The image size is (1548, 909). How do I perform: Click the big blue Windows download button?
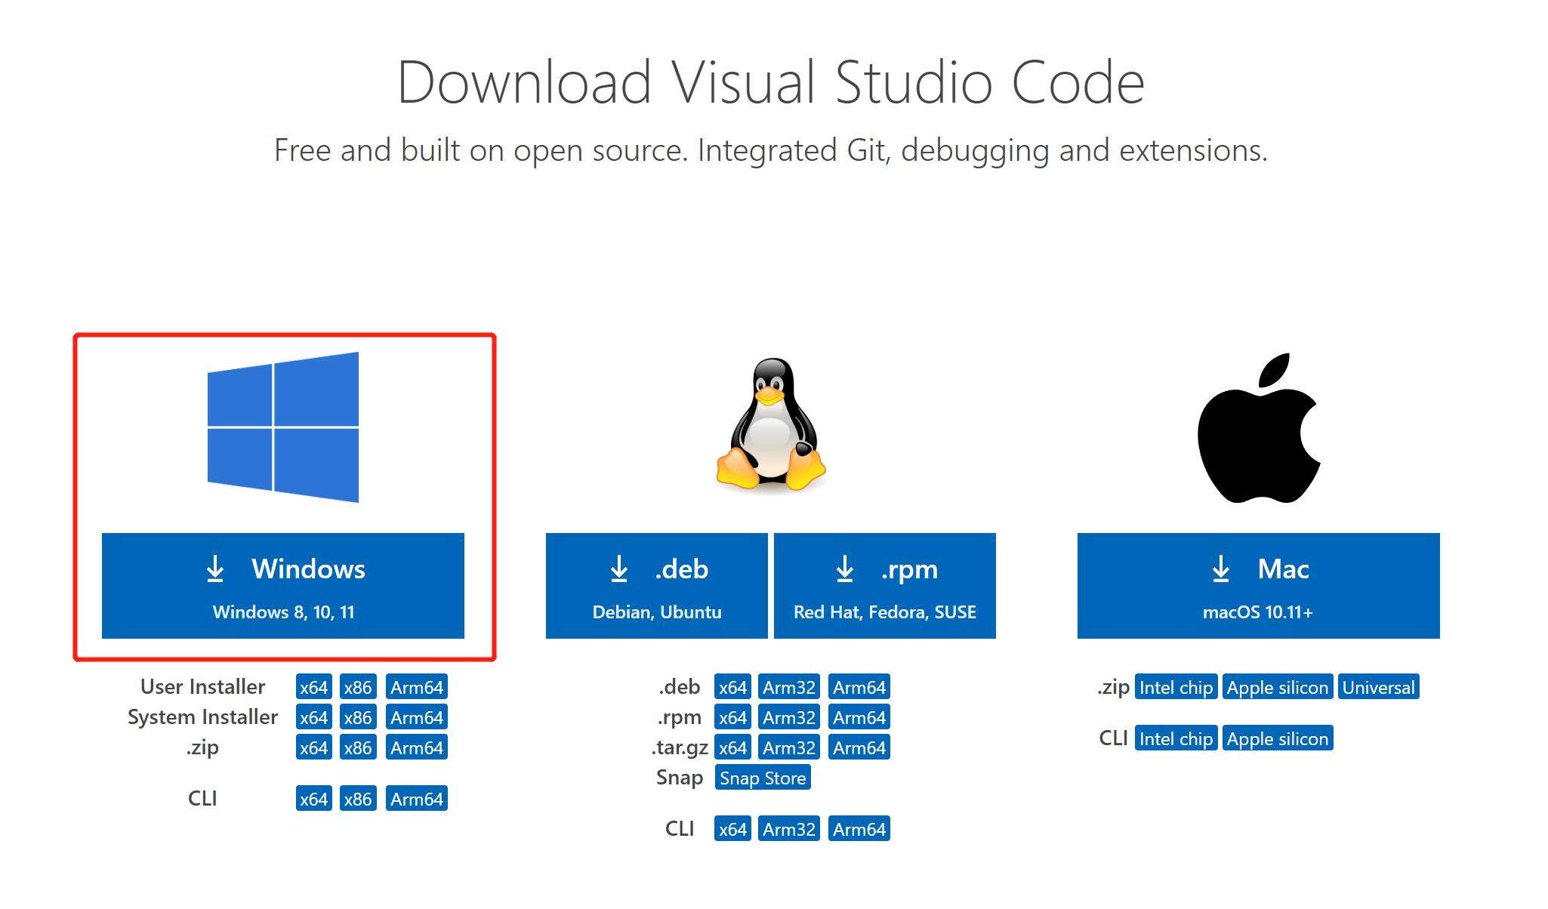(283, 586)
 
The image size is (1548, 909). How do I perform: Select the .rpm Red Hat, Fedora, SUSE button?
(885, 586)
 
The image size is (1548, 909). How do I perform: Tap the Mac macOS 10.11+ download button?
(1259, 586)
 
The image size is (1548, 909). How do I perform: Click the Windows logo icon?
(283, 427)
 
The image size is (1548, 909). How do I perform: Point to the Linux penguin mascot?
(771, 424)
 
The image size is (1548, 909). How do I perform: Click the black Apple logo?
(1259, 428)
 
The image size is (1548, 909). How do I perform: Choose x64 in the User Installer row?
(314, 687)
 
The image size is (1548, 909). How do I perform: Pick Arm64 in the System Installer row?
(417, 717)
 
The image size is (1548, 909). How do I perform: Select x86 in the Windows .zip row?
(358, 747)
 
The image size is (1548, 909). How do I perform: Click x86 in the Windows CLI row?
(358, 799)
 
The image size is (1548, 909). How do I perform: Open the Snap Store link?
(763, 778)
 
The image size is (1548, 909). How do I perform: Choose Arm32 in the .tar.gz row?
(789, 747)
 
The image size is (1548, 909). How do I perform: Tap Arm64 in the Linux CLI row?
(859, 829)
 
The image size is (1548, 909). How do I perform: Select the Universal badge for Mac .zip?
(1379, 687)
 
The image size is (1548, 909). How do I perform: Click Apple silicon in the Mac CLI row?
(1278, 738)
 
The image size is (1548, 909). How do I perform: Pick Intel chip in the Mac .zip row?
(1176, 687)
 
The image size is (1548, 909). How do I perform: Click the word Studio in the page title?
(914, 82)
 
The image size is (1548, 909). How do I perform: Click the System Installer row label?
(202, 717)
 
